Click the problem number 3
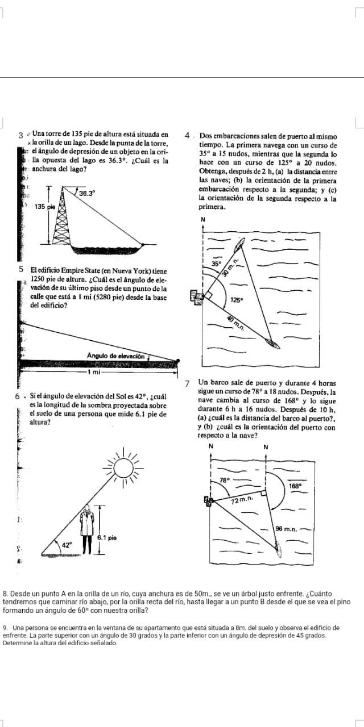(20, 136)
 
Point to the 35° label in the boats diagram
(216, 264)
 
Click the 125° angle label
(237, 299)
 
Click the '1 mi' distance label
(94, 372)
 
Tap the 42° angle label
(67, 545)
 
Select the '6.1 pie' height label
(107, 537)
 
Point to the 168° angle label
(295, 486)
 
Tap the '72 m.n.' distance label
(242, 500)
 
